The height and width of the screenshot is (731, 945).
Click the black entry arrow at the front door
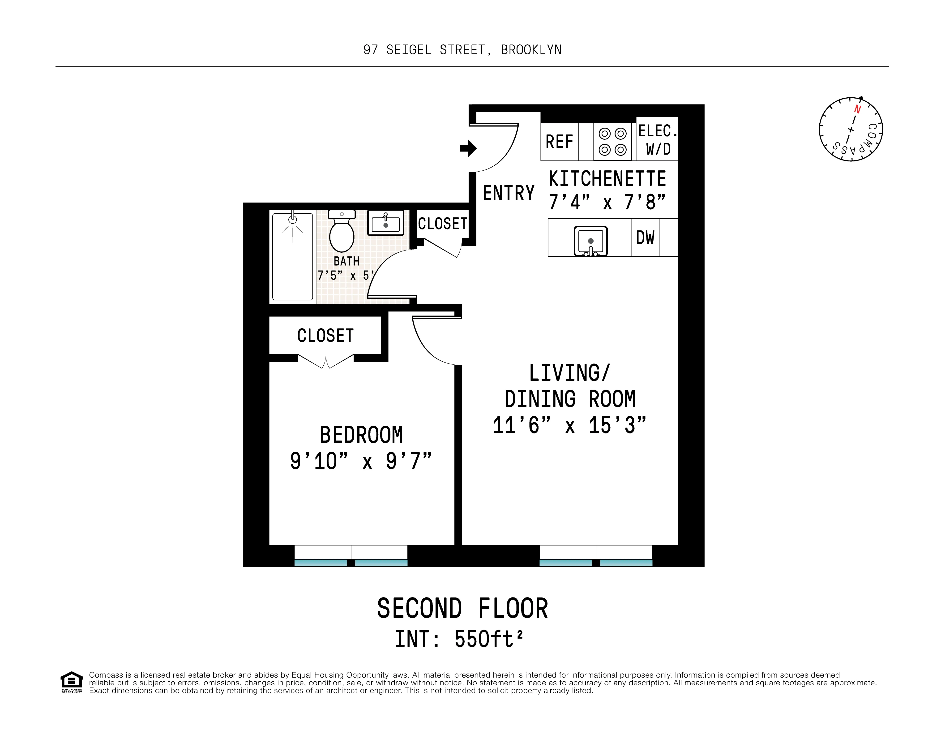468,148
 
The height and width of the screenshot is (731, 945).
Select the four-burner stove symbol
612,142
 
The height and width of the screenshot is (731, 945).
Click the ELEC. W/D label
657,139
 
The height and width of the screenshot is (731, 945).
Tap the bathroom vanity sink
385,223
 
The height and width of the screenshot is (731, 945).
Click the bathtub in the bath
292,256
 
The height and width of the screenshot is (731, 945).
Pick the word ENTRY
509,193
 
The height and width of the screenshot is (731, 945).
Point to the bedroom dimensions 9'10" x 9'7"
361,461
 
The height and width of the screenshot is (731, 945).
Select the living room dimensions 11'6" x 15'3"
569,425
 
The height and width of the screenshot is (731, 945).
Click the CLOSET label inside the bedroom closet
325,336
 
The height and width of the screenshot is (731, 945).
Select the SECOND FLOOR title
462,608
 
